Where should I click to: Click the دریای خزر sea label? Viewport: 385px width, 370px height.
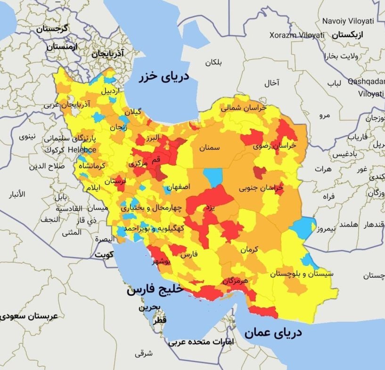(164, 76)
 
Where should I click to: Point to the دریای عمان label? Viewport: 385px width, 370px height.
(273, 333)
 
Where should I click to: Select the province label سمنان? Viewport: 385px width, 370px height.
(209, 147)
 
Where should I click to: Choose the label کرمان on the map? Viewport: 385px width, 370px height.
(249, 249)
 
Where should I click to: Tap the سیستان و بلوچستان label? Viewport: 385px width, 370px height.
(302, 273)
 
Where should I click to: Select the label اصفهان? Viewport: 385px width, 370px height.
(178, 186)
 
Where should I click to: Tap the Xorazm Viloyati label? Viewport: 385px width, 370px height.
(297, 35)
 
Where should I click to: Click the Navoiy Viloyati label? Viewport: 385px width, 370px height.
(348, 21)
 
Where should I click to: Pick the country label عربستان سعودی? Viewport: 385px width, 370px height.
(29, 316)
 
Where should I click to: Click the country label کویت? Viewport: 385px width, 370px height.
(105, 254)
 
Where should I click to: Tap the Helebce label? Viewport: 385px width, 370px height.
(82, 150)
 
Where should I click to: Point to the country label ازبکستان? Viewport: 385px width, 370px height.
(350, 35)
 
